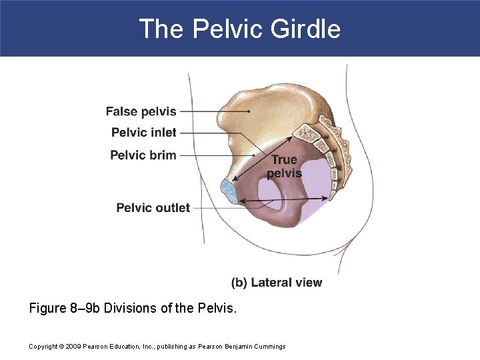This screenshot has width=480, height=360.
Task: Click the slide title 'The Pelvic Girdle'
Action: (239, 29)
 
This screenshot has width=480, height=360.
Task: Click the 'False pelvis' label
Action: (141, 111)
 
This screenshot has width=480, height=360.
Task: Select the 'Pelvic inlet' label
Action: (143, 132)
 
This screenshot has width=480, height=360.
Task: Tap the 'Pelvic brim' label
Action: (143, 155)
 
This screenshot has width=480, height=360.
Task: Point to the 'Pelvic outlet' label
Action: (153, 207)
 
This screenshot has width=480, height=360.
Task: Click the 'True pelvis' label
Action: (284, 167)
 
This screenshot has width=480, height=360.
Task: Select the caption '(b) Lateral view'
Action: (276, 282)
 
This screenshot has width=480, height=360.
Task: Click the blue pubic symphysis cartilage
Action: (229, 191)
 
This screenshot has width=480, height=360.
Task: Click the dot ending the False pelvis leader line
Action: (249, 111)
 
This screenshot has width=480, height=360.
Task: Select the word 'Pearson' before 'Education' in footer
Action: (100, 346)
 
